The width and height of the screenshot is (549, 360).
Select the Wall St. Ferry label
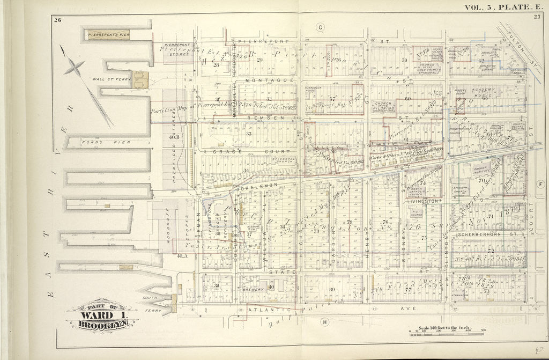click(x=112, y=79)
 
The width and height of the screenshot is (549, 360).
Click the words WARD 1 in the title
click(x=102, y=315)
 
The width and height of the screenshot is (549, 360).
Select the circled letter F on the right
click(x=540, y=184)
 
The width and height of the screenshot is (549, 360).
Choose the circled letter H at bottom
click(x=324, y=322)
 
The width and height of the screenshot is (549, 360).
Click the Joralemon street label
click(x=254, y=185)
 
